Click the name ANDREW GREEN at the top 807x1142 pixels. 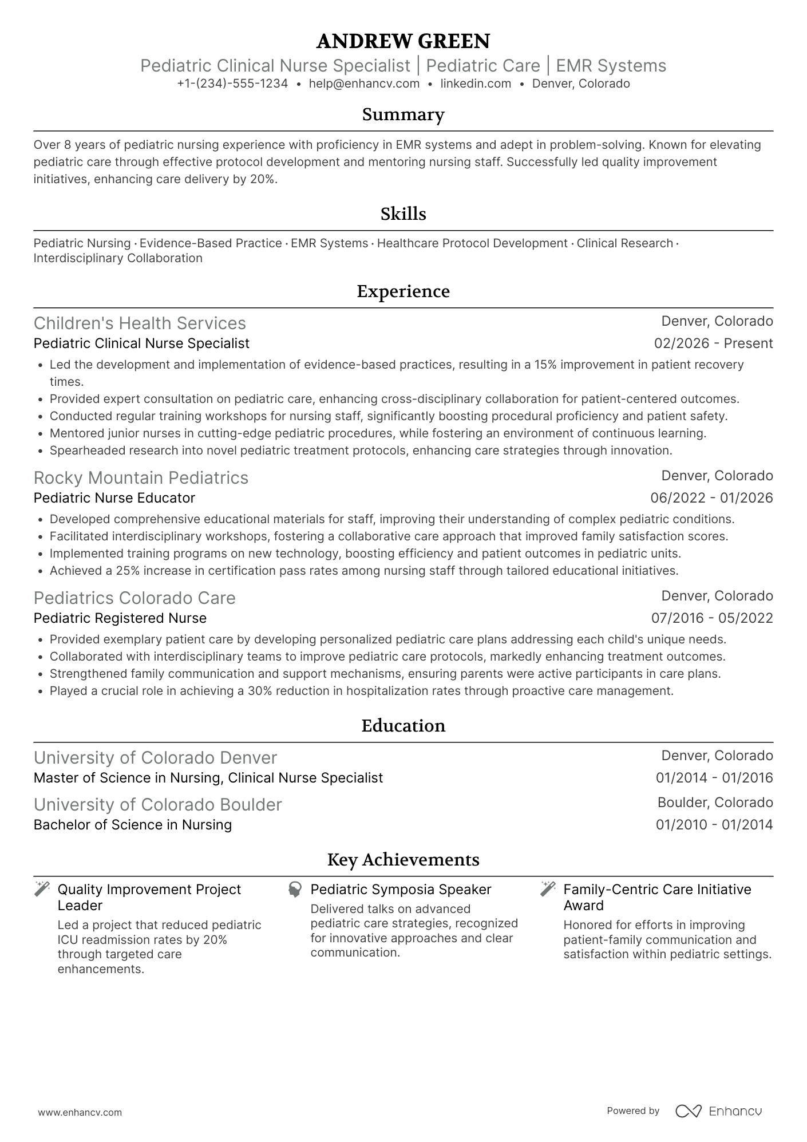coord(403,41)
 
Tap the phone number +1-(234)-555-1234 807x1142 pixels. coord(232,84)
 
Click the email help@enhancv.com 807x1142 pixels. coord(364,84)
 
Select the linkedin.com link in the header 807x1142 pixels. coord(476,84)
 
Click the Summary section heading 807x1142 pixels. coord(403,114)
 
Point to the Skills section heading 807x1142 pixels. coord(403,214)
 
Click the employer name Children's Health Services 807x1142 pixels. coord(140,323)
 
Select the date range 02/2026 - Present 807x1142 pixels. coord(713,343)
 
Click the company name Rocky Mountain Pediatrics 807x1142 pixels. coord(141,478)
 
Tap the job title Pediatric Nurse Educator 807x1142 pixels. coord(114,498)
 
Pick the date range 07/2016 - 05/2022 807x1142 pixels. coord(711,618)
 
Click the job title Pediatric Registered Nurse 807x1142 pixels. coord(120,618)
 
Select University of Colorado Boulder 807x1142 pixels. coord(158,805)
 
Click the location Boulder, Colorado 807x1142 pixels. coord(715,803)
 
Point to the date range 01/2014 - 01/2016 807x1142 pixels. coord(714,778)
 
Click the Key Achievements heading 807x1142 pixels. coord(403,860)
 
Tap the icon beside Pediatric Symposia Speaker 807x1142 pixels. coord(295,890)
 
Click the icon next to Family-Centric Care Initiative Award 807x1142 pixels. coord(548,889)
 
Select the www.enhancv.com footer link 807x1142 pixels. coord(80,1113)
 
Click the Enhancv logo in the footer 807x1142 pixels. coord(718,1111)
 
